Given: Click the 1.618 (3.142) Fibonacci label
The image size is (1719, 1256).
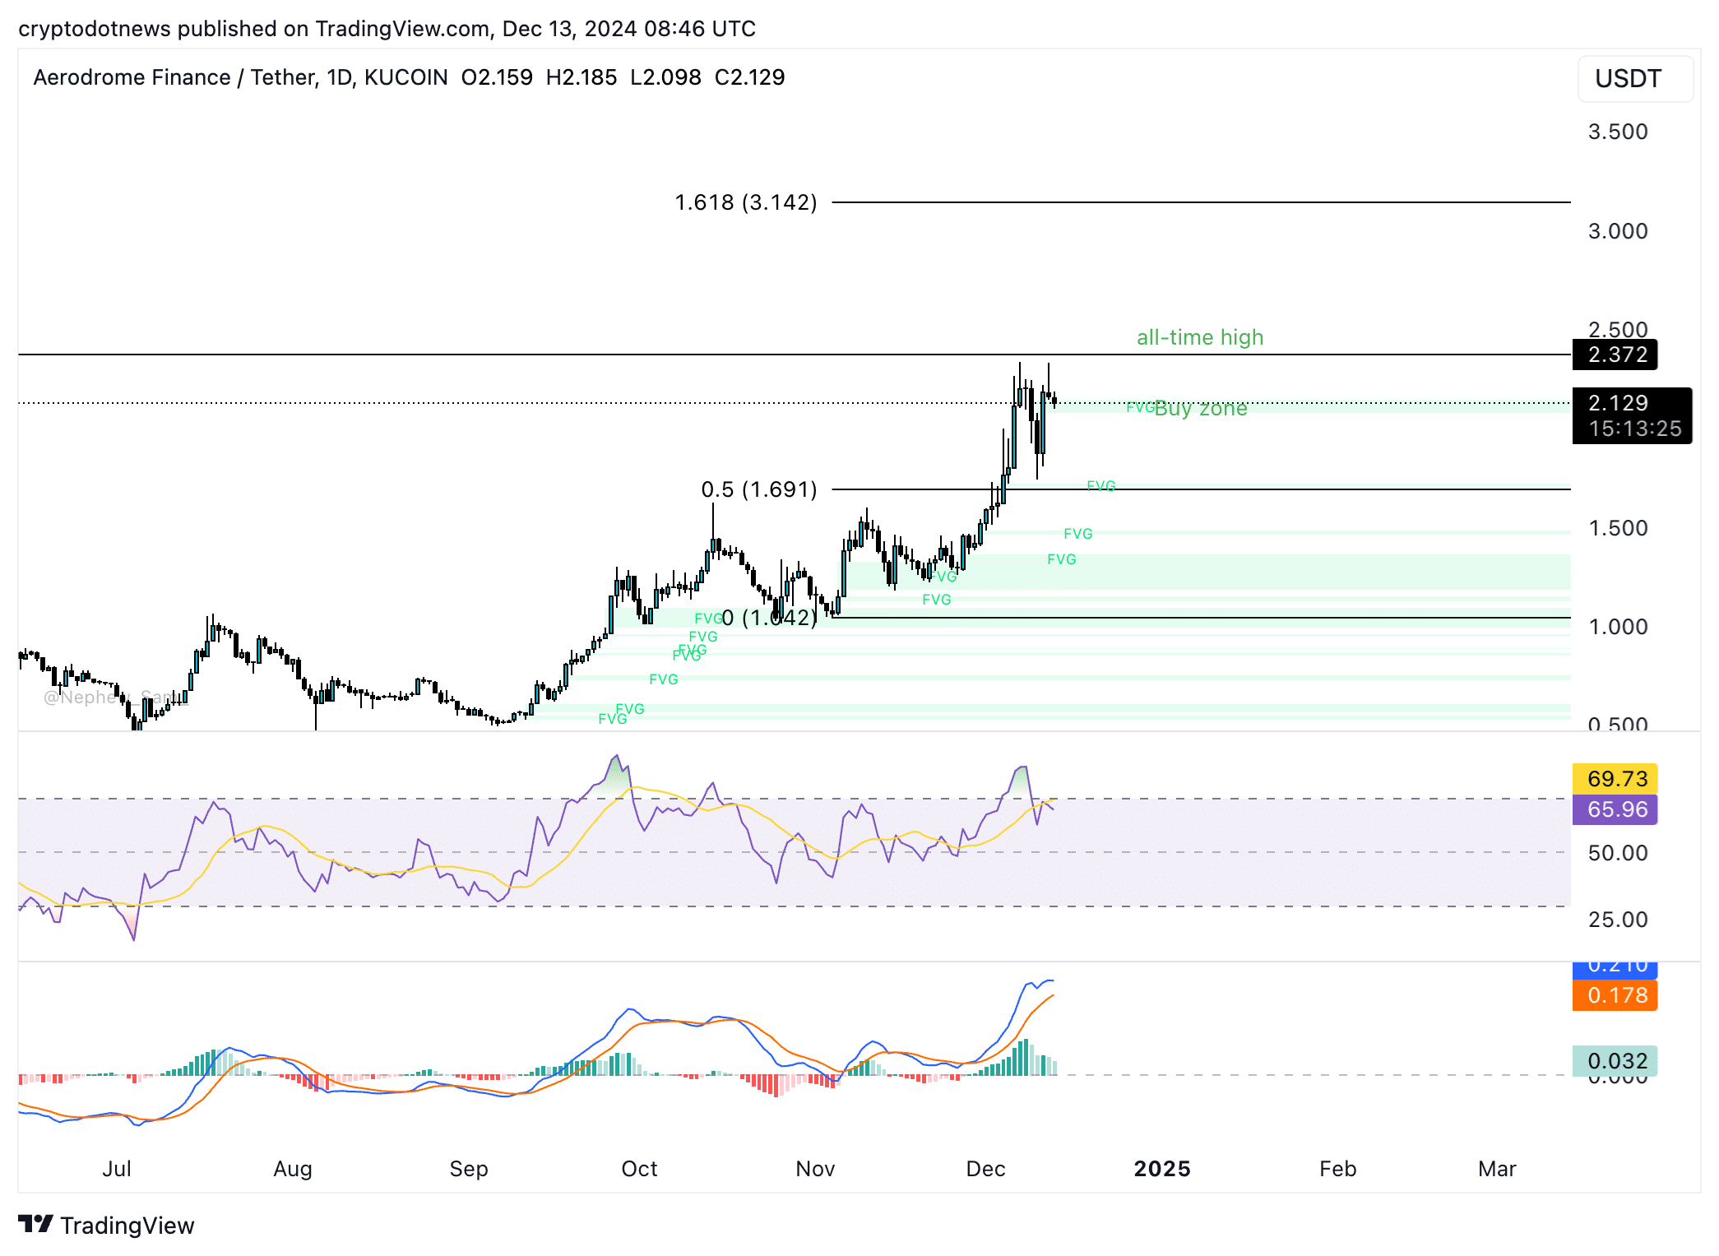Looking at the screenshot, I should click(x=745, y=202).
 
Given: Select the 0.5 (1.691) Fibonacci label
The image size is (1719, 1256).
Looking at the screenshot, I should click(x=758, y=489).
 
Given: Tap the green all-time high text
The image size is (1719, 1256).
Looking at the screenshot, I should click(x=1199, y=337).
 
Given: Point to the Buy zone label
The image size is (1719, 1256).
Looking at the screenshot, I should click(x=1200, y=408).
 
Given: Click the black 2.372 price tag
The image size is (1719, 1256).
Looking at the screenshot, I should click(x=1616, y=355).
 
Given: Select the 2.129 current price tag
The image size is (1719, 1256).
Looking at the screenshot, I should click(x=1618, y=403).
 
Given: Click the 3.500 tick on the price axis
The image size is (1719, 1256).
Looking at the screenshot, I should click(x=1617, y=132).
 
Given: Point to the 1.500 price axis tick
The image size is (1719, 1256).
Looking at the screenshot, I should click(x=1617, y=528).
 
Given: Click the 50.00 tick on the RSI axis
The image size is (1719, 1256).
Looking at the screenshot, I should click(x=1617, y=853).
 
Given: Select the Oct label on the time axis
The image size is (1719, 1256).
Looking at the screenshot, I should click(x=639, y=1169).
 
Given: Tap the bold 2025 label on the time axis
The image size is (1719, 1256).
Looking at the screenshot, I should click(x=1161, y=1169).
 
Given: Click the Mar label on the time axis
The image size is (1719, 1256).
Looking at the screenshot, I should click(x=1496, y=1169).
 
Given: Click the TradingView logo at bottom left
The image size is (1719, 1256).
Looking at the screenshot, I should click(x=107, y=1226).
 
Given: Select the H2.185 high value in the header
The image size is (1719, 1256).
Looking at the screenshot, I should click(x=581, y=77).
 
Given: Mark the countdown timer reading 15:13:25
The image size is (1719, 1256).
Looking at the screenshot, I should click(x=1634, y=429).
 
